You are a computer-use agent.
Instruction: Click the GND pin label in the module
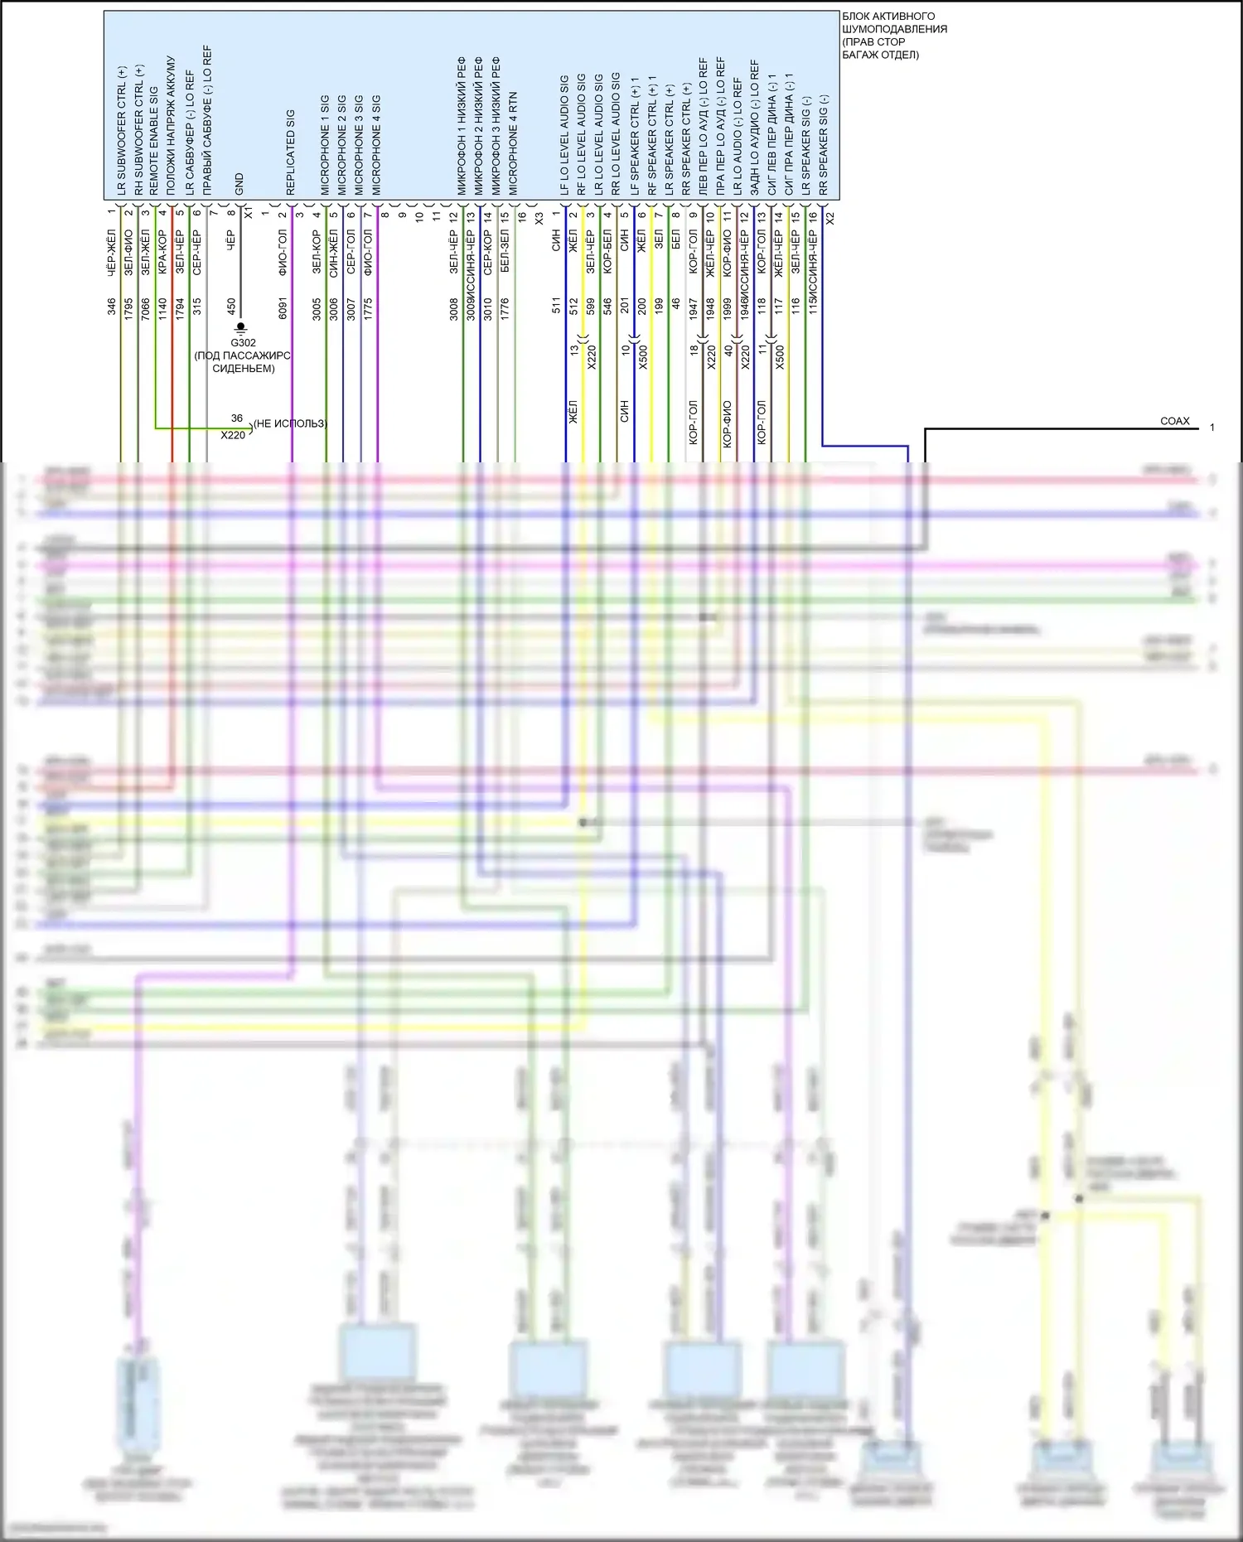coord(239,184)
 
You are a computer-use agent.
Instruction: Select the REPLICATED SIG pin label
coord(291,152)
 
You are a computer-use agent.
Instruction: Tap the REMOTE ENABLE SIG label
coord(154,140)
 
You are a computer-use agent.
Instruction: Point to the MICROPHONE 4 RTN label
coord(514,143)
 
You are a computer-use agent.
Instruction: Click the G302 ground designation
coord(243,343)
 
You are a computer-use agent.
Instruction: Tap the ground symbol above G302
coord(241,328)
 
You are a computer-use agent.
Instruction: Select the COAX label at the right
coord(1174,421)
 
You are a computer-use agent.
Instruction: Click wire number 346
coord(112,307)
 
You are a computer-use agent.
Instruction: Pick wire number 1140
coord(163,308)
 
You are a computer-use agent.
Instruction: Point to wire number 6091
coord(283,308)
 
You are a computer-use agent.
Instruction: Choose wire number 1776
coord(505,308)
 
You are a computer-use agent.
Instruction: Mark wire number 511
coord(557,306)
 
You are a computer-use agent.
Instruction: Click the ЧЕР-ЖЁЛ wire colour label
coord(112,253)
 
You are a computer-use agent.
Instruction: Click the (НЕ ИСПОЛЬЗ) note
coord(290,423)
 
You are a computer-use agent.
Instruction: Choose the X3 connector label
coord(539,218)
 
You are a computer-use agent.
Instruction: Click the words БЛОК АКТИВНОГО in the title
coord(888,17)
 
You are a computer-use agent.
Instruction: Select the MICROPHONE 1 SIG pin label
coord(325,145)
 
